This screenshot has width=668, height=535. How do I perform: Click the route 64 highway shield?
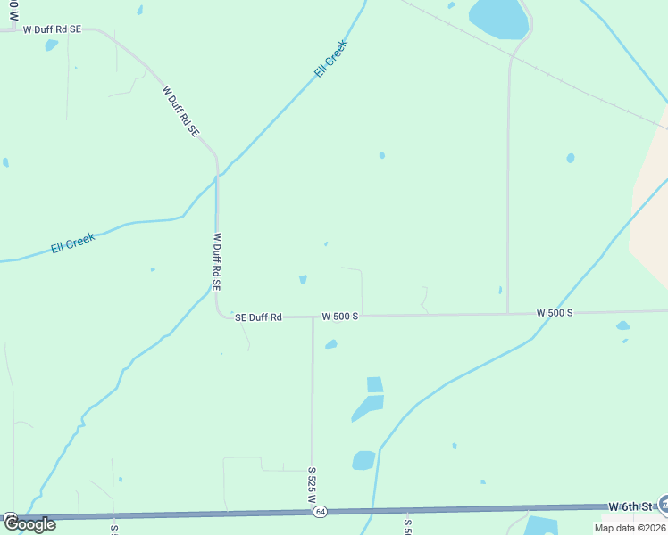pos(320,512)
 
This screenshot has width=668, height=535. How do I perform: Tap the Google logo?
pos(29,524)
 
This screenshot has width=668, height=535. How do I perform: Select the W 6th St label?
pos(632,506)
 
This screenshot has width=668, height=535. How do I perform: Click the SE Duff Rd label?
pos(258,317)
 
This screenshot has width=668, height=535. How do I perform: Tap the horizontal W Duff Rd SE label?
pos(52,29)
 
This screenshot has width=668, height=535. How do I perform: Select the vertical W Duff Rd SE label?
pos(216,262)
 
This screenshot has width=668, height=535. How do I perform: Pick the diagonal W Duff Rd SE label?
pos(180,111)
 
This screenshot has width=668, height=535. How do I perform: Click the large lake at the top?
pos(498,18)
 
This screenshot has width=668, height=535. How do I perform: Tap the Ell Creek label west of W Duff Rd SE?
pos(73,243)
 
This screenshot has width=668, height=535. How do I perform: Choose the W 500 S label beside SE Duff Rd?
pos(339,317)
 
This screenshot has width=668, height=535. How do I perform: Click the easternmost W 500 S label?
pos(554,313)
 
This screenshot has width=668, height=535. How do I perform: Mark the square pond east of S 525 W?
pos(375,384)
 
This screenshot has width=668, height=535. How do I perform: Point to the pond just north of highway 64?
pos(363,460)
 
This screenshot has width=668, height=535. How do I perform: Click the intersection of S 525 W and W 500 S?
pos(313,316)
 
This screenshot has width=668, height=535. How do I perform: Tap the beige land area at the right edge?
pos(650,214)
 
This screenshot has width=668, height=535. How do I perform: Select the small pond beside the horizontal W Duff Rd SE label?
pos(51,45)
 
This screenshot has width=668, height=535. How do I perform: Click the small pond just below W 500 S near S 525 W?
pos(331,344)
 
